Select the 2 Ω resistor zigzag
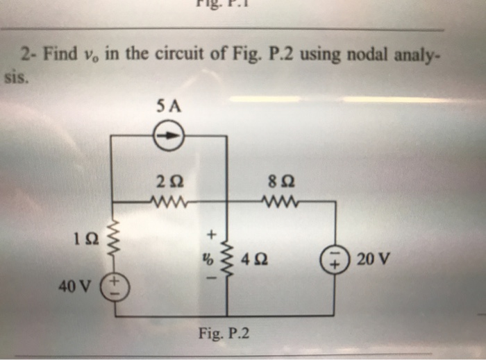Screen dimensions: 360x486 [168, 202]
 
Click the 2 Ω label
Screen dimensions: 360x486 [168, 183]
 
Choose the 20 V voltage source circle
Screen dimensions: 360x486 [337, 262]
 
